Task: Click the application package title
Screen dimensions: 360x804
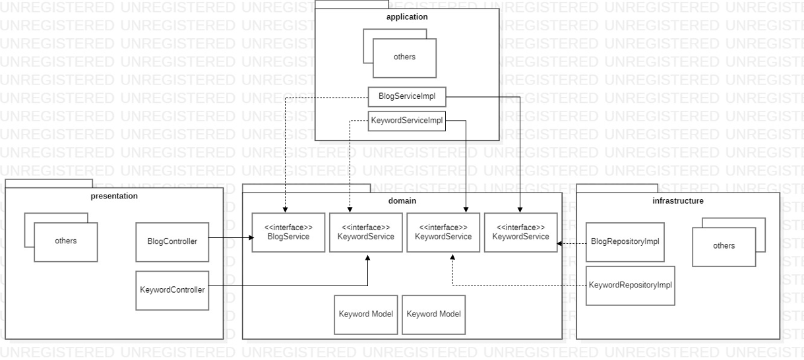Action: coord(406,17)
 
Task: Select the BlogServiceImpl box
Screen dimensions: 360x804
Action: coord(407,96)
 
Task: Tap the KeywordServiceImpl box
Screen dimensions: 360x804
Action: coord(406,121)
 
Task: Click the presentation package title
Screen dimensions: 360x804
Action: coord(114,196)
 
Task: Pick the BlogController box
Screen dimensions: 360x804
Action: coord(171,241)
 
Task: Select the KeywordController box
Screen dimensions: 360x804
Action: coord(171,289)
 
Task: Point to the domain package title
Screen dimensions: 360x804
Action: coord(402,200)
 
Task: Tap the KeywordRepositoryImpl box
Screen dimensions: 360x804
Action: coord(630,285)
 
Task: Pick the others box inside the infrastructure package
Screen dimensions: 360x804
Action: coord(724,246)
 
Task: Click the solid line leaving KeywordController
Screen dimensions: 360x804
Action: coord(290,285)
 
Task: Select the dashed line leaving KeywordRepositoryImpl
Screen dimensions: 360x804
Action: coord(521,285)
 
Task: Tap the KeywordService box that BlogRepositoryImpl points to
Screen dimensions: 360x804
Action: coord(520,233)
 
